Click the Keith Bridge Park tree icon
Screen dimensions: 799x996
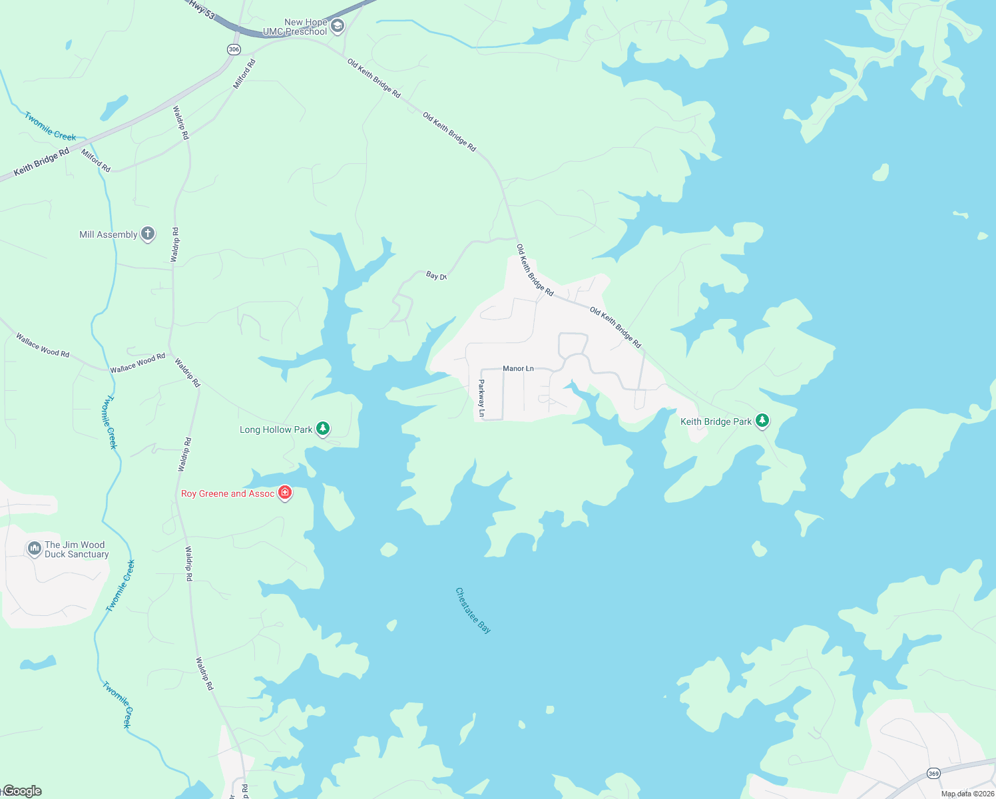coord(762,421)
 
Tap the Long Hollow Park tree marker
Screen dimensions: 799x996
coord(323,428)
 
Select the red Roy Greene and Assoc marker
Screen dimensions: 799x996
coord(285,493)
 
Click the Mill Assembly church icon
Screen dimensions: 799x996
coord(148,234)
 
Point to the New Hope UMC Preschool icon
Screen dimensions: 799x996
coord(338,27)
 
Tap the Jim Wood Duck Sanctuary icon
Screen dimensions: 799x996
coord(34,549)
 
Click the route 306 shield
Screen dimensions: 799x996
coord(234,49)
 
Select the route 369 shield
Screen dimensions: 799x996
coord(933,773)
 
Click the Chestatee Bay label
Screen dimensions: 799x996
coord(473,610)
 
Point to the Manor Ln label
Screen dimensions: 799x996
coord(518,368)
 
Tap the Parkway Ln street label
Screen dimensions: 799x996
coord(481,399)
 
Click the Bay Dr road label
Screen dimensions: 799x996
coord(436,276)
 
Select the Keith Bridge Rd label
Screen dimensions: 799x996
coord(41,162)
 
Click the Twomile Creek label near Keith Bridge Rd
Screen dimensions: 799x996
coord(51,126)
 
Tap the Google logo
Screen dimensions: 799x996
coord(21,791)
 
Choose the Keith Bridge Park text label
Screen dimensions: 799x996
coord(716,421)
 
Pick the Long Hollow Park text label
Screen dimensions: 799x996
coord(276,429)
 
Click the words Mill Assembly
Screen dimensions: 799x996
coord(108,234)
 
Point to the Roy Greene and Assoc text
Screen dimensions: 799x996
coord(228,493)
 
